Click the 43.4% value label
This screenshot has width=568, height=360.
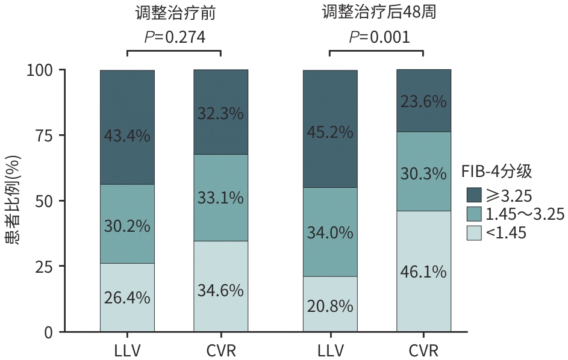(x=127, y=136)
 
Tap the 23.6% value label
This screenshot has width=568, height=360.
(x=423, y=101)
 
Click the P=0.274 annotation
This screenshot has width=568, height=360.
(x=175, y=37)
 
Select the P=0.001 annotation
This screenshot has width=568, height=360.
(x=379, y=37)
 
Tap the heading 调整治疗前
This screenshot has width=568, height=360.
(x=175, y=13)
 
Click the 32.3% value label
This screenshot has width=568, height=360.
(x=220, y=113)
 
